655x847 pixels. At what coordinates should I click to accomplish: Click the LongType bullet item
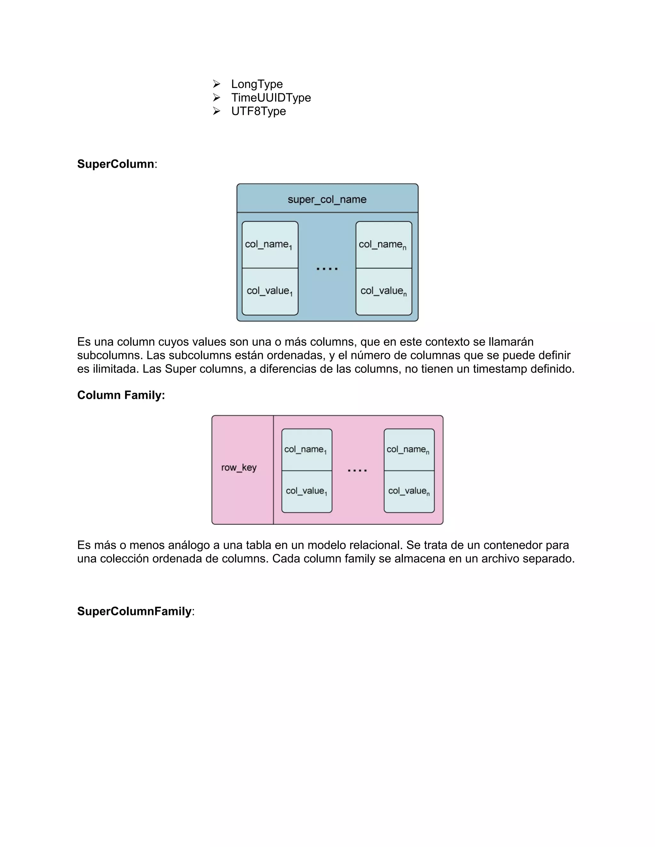click(256, 84)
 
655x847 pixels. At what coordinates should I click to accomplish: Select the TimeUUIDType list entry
click(271, 98)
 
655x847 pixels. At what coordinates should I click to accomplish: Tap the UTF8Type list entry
click(258, 111)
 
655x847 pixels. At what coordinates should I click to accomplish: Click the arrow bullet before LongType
click(217, 84)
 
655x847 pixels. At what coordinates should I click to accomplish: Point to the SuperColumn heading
click(116, 164)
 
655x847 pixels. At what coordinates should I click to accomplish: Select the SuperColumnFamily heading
click(134, 611)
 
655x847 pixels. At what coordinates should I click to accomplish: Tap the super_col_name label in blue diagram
click(327, 199)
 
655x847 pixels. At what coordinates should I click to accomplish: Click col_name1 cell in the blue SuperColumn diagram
click(270, 245)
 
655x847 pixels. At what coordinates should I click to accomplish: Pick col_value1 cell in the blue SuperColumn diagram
click(270, 291)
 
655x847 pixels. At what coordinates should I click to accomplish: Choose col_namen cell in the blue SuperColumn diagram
click(383, 245)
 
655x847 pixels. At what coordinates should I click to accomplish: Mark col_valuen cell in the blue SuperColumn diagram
click(383, 291)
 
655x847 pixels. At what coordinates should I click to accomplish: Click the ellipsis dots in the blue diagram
click(327, 268)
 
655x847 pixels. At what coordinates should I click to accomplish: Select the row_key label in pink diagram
click(239, 468)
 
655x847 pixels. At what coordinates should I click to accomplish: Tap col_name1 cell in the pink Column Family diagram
click(306, 450)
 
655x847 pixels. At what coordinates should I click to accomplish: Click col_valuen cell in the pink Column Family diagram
click(409, 491)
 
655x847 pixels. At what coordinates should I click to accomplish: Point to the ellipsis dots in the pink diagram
click(357, 470)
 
